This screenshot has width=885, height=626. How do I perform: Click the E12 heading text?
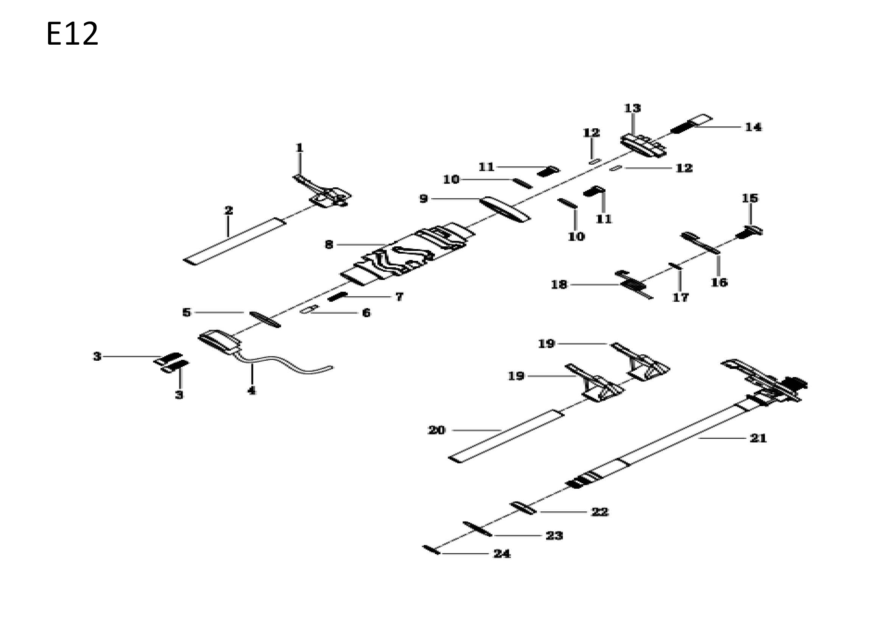pyautogui.click(x=72, y=34)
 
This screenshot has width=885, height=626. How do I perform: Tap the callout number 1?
pyautogui.click(x=299, y=148)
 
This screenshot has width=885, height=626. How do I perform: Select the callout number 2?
pyautogui.click(x=229, y=210)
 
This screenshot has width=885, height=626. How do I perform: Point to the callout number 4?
pyautogui.click(x=251, y=391)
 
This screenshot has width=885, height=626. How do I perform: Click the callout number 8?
pyautogui.click(x=329, y=244)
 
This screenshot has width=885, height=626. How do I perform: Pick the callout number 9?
pyautogui.click(x=424, y=199)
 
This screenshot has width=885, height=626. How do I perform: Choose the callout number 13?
pyautogui.click(x=632, y=108)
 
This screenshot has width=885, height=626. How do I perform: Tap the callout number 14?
pyautogui.click(x=753, y=127)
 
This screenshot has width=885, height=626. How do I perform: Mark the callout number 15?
pyautogui.click(x=750, y=198)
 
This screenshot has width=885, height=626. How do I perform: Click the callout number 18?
pyautogui.click(x=559, y=285)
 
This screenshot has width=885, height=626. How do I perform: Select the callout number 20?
pyautogui.click(x=436, y=430)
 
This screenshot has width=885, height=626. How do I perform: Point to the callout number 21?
pyautogui.click(x=758, y=438)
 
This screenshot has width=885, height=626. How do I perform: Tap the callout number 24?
pyautogui.click(x=502, y=554)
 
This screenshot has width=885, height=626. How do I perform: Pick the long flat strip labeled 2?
pyautogui.click(x=235, y=241)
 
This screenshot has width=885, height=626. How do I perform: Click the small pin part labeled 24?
pyautogui.click(x=431, y=550)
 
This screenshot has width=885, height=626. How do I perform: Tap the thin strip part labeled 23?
pyautogui.click(x=477, y=529)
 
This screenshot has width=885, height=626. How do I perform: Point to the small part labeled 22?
pyautogui.click(x=523, y=508)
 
